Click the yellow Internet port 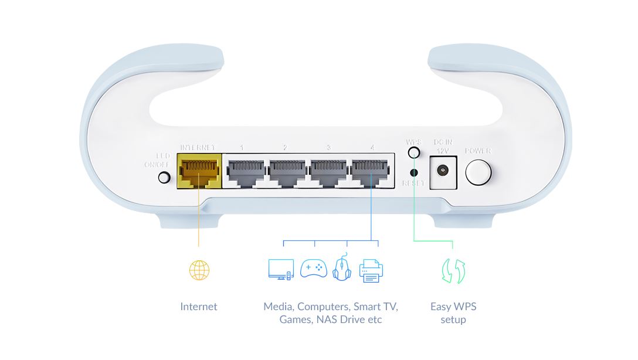199,171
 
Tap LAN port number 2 286,171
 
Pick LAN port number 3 328,171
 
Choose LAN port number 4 371,171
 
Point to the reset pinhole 414,172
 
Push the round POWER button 478,172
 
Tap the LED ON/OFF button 164,176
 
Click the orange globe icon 199,270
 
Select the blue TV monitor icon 280,269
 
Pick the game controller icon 313,269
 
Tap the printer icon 371,270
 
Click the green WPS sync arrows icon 453,271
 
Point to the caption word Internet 199,307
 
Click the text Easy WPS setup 453,313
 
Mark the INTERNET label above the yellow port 198,147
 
